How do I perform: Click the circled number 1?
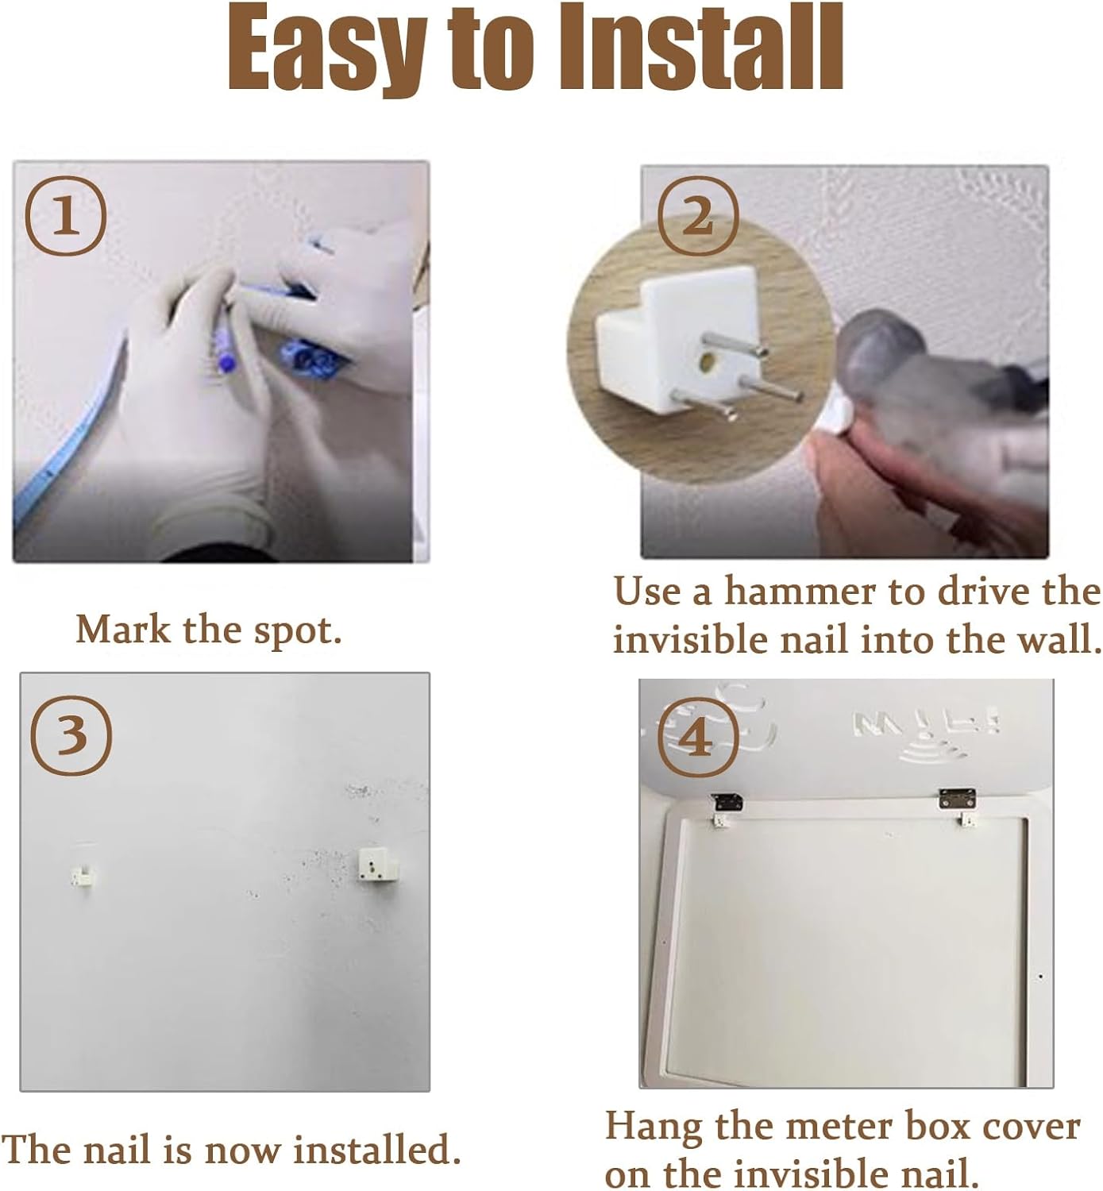point(65,216)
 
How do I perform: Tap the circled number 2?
point(698,216)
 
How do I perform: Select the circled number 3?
point(71,736)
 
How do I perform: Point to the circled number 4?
point(698,738)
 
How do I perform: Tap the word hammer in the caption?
point(800,592)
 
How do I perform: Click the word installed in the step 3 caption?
point(376,1150)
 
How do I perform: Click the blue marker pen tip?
point(226,361)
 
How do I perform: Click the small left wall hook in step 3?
point(82,876)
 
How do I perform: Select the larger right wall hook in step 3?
point(378,864)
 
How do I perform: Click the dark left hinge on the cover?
point(727,802)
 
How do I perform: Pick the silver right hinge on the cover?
point(957,798)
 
